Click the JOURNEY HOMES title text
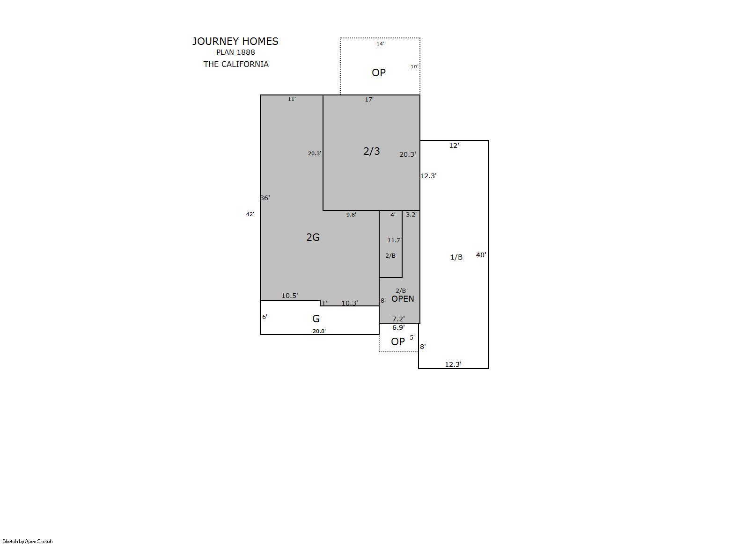point(235,41)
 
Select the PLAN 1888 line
point(235,52)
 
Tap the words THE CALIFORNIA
point(236,64)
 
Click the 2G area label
point(313,237)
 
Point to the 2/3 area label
point(372,151)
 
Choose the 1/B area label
point(456,257)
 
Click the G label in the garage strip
point(316,319)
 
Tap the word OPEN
point(403,299)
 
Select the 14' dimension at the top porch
point(380,44)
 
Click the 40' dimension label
point(481,255)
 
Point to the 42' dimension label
point(250,214)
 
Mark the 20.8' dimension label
point(319,331)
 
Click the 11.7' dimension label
point(395,240)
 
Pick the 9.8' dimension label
point(351,215)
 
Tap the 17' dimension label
point(369,99)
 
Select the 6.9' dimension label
point(398,327)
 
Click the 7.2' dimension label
point(398,319)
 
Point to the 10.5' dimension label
point(289,296)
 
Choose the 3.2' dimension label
point(411,214)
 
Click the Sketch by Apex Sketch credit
point(28,541)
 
